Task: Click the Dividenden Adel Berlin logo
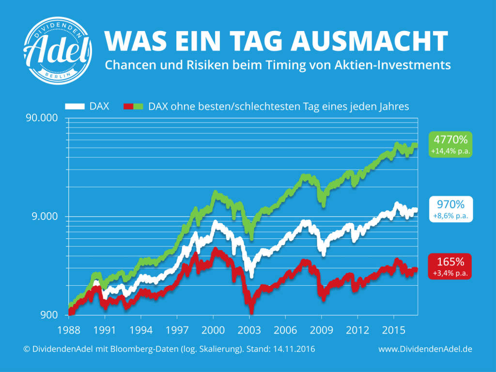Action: tap(58, 50)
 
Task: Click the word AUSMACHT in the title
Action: tap(369, 41)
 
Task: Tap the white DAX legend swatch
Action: tap(75, 106)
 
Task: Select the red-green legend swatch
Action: tap(133, 106)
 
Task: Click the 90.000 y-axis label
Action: tap(42, 118)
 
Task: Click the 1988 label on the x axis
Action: tap(69, 330)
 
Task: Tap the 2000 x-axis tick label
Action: tap(213, 330)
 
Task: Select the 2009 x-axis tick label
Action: tap(322, 330)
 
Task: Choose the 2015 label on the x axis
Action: tap(393, 330)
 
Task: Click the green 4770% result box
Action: tap(450, 144)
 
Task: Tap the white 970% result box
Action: tap(451, 209)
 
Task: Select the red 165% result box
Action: tap(450, 266)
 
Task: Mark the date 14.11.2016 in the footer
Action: tap(294, 349)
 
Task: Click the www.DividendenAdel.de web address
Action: tap(425, 349)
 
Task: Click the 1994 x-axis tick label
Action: tap(141, 330)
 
